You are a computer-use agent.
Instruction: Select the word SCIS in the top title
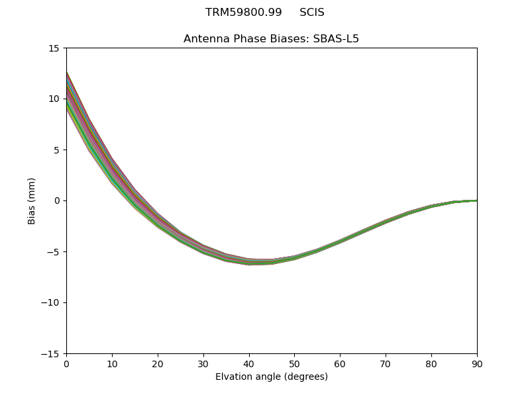311,13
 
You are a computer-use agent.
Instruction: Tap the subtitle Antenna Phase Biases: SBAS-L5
271,39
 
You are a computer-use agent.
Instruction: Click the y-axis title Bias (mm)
32,200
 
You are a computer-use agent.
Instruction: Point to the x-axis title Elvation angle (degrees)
271,377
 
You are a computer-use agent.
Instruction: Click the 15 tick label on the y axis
53,48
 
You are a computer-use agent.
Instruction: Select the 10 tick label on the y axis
53,99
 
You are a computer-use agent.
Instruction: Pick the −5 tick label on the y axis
50,252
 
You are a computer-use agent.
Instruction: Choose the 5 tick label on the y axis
56,150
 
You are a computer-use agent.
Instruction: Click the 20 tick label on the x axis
158,364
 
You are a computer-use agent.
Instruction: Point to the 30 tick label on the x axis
203,364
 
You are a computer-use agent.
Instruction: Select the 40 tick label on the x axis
249,364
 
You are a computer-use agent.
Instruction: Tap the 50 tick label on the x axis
294,364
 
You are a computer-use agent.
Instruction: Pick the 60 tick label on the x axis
340,364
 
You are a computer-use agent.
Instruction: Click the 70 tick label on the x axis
386,364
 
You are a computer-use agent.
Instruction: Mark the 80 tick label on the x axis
431,364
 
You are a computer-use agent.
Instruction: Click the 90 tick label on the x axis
477,364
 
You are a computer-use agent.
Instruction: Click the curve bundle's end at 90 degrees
476,200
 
